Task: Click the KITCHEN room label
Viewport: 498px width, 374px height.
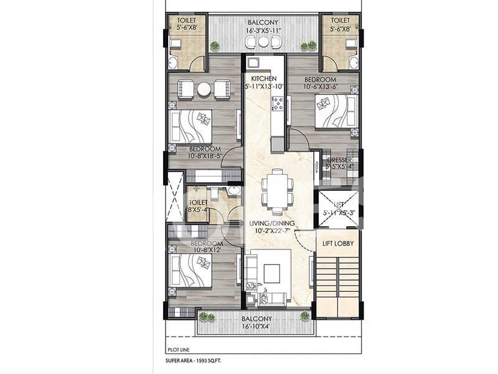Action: [264, 79]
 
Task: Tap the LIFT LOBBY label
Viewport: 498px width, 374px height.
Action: [336, 242]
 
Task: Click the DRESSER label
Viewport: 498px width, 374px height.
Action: [340, 160]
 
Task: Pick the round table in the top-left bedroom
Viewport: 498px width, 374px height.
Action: [204, 89]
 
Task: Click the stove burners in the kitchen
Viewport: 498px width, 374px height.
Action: [277, 103]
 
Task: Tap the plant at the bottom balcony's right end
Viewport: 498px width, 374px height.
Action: [305, 317]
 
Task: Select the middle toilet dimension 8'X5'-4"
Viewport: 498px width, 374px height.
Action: [199, 211]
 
